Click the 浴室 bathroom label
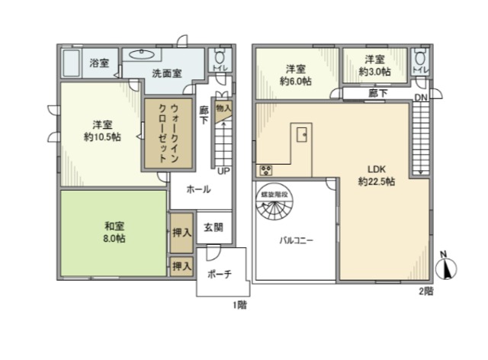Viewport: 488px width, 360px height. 99,63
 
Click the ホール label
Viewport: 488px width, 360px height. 198,188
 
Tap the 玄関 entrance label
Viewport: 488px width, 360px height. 213,227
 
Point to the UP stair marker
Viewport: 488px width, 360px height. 223,170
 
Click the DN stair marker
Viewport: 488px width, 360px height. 421,98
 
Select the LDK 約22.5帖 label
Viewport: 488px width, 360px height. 376,175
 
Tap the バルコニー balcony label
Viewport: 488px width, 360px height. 295,239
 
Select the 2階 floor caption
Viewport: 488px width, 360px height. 425,291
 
